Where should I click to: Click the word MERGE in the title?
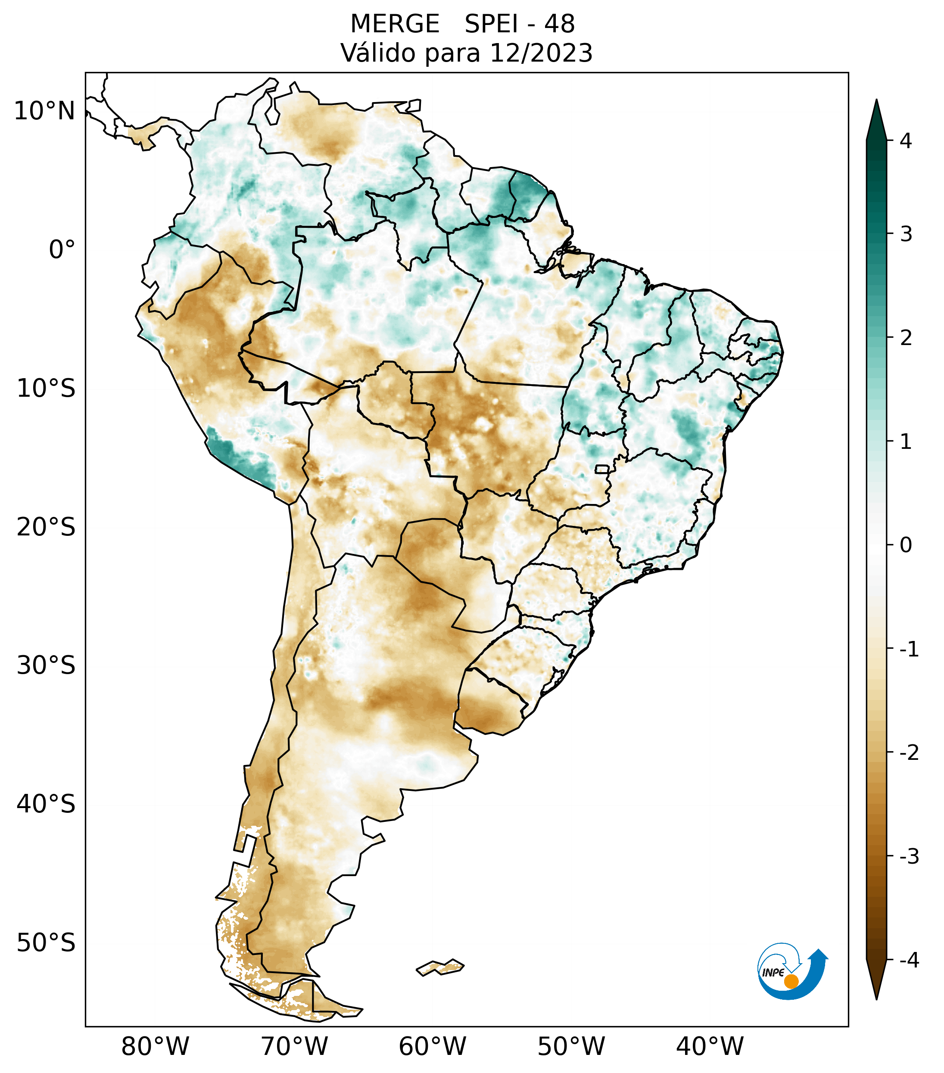[x=395, y=24]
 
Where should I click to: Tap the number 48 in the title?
[x=559, y=24]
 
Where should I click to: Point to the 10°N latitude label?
[x=45, y=111]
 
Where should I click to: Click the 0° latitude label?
[x=62, y=250]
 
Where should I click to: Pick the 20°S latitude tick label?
[x=46, y=527]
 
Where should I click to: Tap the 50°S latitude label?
[x=46, y=943]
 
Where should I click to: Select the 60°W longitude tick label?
[x=432, y=1046]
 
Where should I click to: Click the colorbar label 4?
[x=906, y=141]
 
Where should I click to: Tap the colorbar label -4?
[x=909, y=961]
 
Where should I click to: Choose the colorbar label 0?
[x=906, y=545]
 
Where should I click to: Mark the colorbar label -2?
[x=909, y=753]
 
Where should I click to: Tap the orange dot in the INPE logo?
[x=791, y=981]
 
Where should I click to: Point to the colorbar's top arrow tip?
[x=876, y=100]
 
